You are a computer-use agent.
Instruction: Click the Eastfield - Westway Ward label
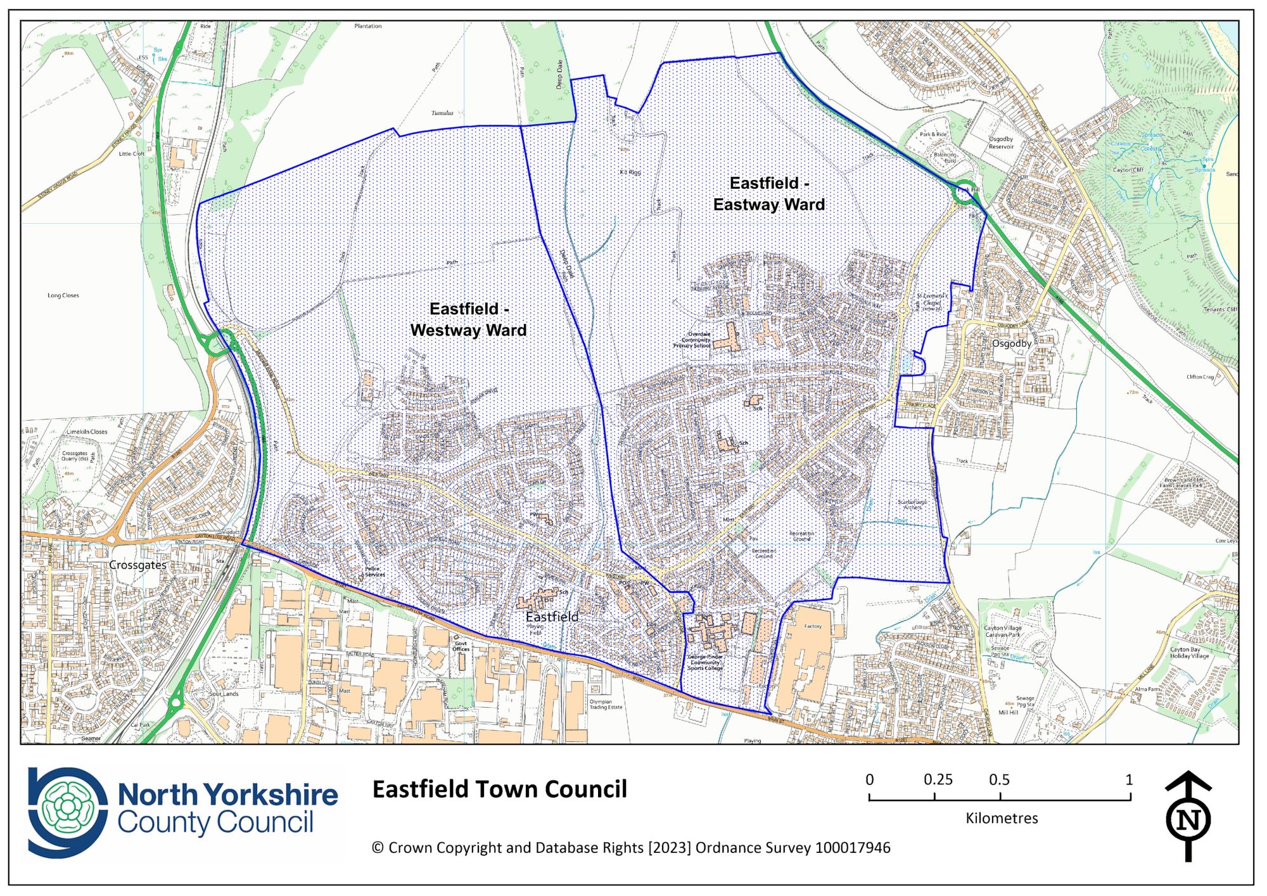[468, 319]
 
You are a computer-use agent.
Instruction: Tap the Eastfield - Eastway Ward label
[769, 194]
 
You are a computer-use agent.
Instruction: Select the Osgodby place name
[1011, 343]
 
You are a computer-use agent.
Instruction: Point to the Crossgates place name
[137, 565]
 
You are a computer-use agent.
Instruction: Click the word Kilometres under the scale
[1002, 818]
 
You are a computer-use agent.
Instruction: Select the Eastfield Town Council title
[499, 790]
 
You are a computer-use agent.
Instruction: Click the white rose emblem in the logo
[66, 807]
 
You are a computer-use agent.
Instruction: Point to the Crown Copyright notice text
[631, 848]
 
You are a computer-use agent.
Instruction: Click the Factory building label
[813, 626]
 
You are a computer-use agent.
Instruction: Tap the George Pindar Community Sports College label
[705, 662]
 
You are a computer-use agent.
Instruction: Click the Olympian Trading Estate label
[606, 704]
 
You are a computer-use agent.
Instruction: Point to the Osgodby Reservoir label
[1001, 143]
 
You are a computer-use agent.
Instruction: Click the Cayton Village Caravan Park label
[1002, 631]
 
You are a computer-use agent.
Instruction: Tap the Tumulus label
[442, 113]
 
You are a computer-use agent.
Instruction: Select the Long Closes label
[63, 295]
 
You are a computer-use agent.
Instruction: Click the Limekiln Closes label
[87, 432]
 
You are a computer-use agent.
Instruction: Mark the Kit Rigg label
[630, 172]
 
